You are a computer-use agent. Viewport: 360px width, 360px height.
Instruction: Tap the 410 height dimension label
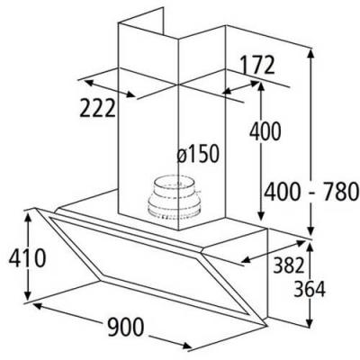click(x=27, y=258)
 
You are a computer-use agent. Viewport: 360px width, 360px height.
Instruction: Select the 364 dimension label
click(x=310, y=289)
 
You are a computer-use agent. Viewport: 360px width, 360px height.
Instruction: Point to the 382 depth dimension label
click(x=289, y=265)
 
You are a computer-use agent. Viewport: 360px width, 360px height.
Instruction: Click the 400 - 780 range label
click(x=311, y=192)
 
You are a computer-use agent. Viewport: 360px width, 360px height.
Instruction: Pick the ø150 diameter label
click(x=198, y=154)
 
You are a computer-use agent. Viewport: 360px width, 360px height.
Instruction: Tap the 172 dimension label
click(x=257, y=65)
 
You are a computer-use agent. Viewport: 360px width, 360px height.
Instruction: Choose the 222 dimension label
click(x=97, y=108)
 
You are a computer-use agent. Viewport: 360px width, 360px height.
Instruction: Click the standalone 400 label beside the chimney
click(x=265, y=131)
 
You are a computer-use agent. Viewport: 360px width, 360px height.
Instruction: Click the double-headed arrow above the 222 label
click(x=110, y=88)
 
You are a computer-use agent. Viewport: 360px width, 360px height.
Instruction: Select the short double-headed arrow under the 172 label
click(x=241, y=87)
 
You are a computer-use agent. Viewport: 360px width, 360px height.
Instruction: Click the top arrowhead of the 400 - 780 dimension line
click(x=311, y=54)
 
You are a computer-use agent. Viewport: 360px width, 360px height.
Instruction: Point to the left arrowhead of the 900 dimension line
click(x=38, y=306)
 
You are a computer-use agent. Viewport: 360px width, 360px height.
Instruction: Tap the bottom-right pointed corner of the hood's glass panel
click(x=266, y=326)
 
